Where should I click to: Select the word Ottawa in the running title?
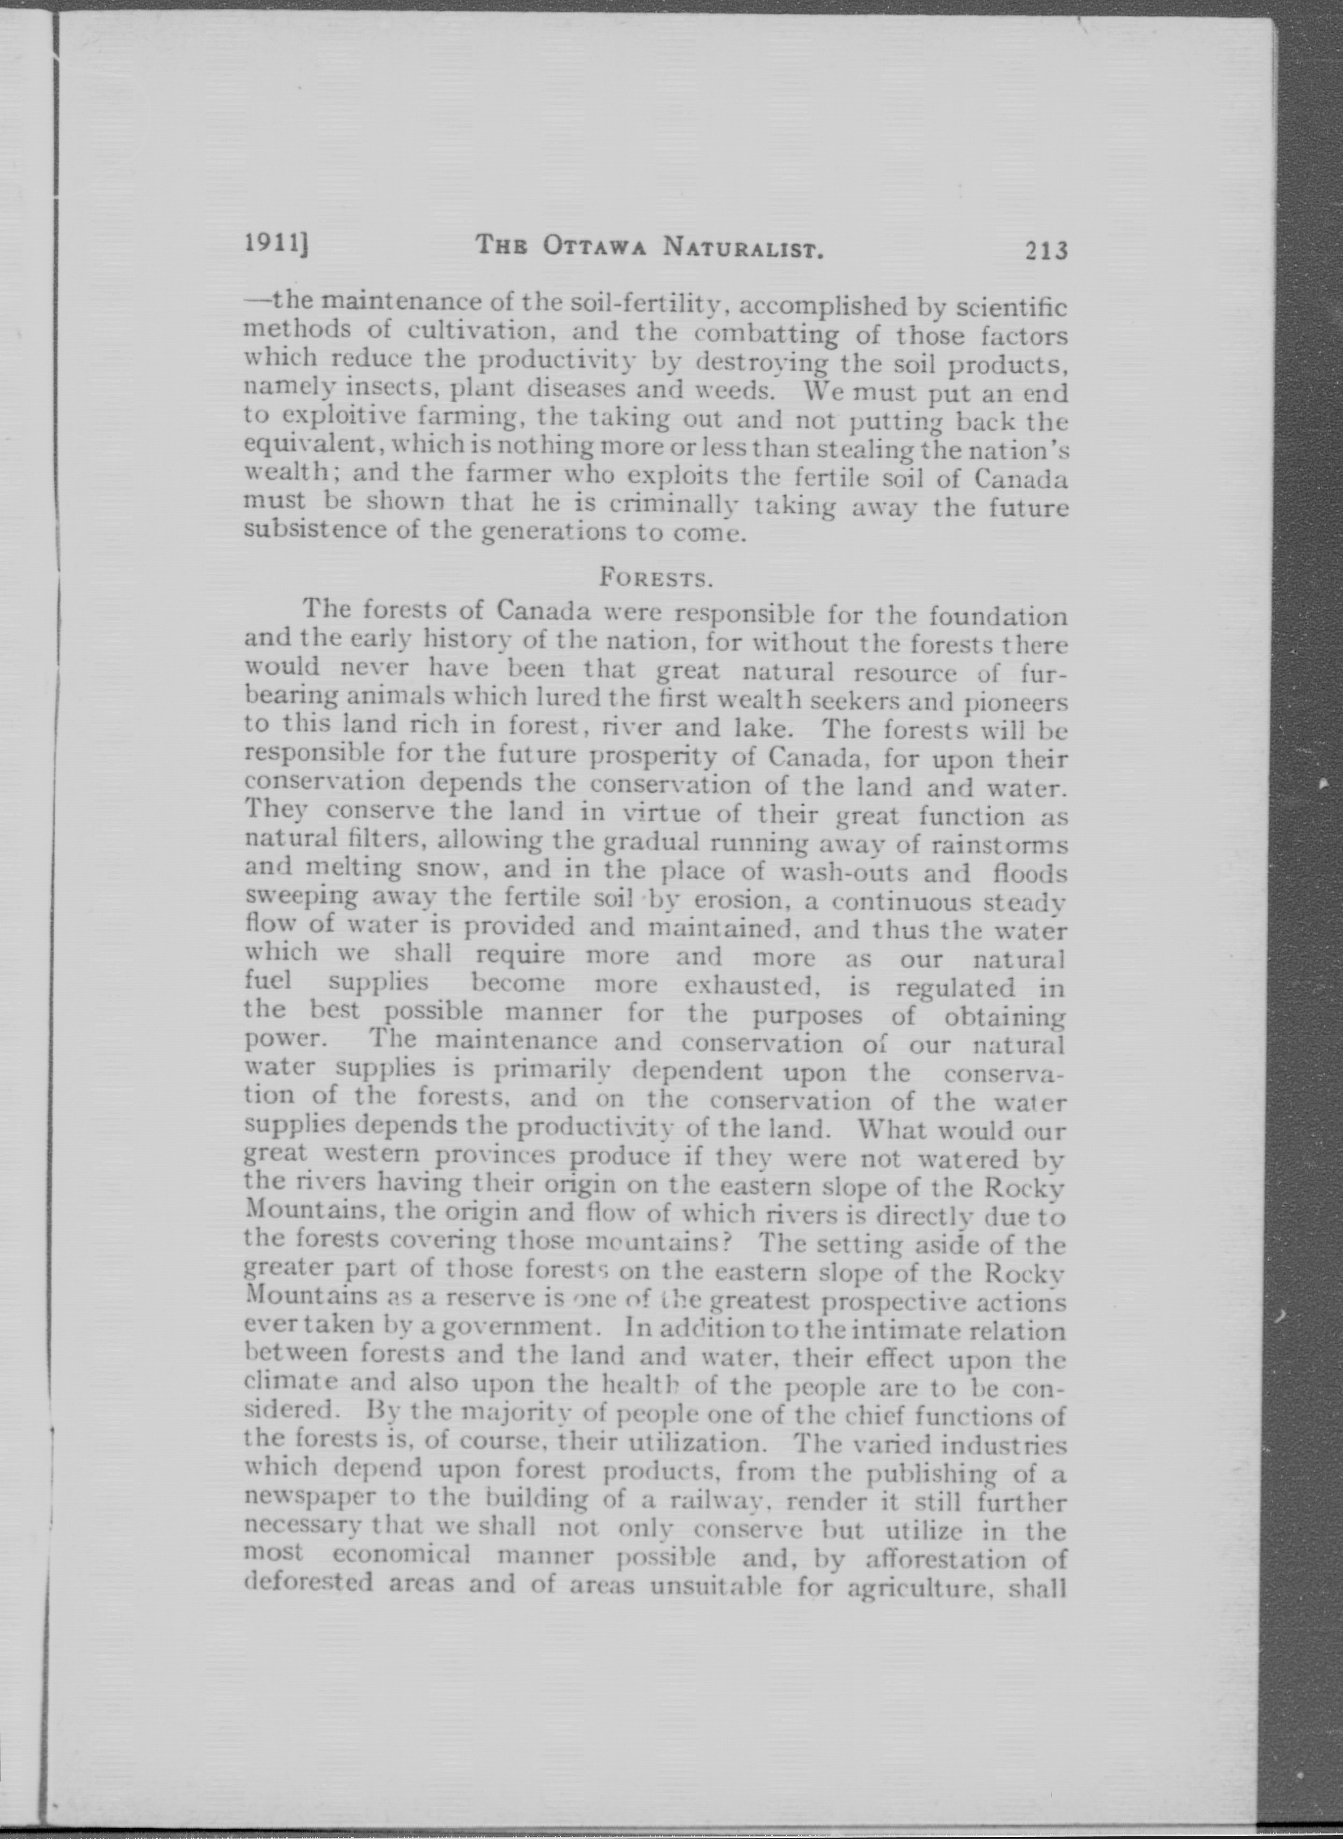point(594,245)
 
